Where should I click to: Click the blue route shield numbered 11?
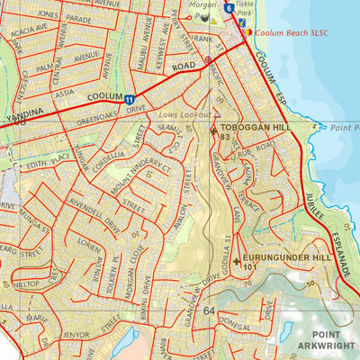(x=130, y=100)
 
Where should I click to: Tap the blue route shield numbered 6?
(x=229, y=9)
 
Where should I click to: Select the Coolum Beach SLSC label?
(x=287, y=31)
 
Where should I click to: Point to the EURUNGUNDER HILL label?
(x=284, y=256)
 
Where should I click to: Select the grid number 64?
(x=210, y=310)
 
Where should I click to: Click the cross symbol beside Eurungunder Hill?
(x=237, y=262)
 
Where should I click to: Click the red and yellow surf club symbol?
(x=248, y=32)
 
